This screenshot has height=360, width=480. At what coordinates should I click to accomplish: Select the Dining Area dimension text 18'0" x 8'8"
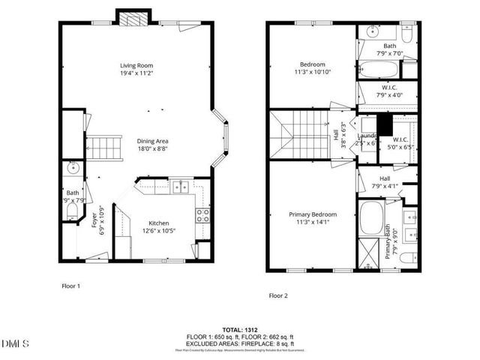[x=151, y=149]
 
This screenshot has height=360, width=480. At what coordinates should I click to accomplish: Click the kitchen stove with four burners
[x=202, y=216]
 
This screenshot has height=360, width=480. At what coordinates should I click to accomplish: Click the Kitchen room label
[x=158, y=223]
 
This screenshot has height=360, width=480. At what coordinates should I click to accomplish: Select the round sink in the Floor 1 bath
[x=73, y=167]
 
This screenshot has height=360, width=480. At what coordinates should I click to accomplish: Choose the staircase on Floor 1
[x=106, y=147]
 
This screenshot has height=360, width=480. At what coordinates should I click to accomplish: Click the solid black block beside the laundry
[x=384, y=124]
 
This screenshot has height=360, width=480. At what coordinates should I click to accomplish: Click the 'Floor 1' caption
[x=70, y=286]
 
